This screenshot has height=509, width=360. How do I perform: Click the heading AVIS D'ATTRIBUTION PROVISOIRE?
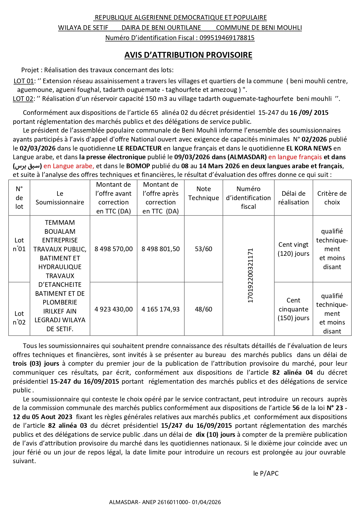(188, 55)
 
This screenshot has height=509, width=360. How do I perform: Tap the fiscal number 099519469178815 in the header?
(227, 38)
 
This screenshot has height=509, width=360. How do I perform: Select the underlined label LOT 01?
(23, 81)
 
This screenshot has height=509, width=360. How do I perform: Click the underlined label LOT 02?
(23, 99)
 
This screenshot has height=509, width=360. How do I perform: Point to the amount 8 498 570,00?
(113, 249)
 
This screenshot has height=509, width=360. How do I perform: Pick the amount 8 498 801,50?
(160, 249)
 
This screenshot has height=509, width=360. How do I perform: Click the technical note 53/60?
(203, 249)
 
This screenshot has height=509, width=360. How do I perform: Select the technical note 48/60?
(203, 309)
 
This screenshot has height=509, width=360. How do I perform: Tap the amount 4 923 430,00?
(113, 309)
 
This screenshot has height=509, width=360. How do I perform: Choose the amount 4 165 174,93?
(160, 309)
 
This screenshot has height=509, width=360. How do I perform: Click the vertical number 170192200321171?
(250, 276)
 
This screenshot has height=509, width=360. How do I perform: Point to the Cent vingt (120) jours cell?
(293, 249)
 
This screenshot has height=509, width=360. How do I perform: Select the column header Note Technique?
(203, 193)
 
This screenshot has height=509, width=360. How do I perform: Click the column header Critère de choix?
(332, 198)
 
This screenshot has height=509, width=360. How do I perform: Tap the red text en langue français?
(295, 157)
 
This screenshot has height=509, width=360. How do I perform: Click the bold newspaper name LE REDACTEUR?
(139, 148)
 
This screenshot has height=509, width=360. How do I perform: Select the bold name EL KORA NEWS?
(309, 148)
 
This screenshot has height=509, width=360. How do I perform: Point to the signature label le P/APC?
(266, 474)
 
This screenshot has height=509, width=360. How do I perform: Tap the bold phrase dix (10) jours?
(215, 435)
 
